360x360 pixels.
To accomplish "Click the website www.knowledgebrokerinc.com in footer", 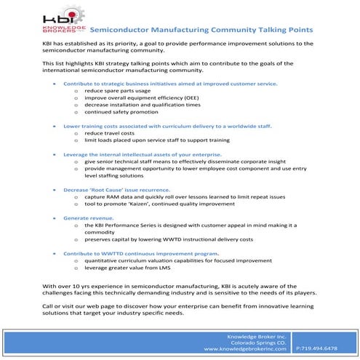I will [x=248, y=349].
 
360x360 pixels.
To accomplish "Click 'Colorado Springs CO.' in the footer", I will [x=260, y=342].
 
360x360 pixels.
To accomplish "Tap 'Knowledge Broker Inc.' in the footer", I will [x=258, y=335].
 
